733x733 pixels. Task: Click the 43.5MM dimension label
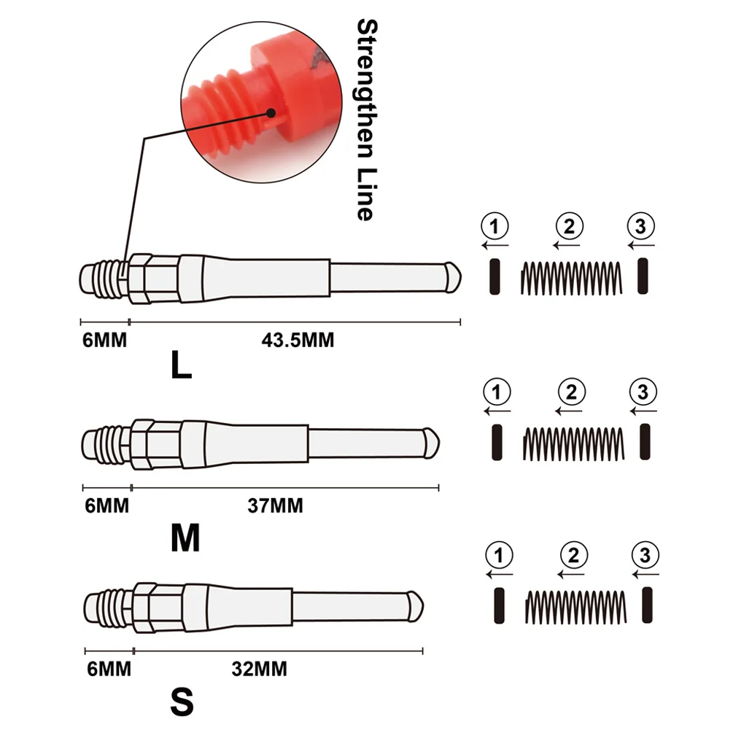(297, 339)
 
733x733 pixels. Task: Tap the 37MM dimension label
(274, 505)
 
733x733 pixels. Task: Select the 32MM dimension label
(259, 668)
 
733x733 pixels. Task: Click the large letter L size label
(181, 367)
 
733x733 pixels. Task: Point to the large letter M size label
(185, 539)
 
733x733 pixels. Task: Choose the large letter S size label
(182, 704)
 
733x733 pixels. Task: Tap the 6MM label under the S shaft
(109, 668)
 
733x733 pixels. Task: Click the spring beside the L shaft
(571, 278)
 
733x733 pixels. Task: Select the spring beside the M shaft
(573, 443)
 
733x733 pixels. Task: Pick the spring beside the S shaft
(575, 606)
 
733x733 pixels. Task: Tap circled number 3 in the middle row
(643, 393)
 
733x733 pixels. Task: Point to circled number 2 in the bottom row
(575, 556)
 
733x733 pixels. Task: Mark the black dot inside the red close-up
(271, 113)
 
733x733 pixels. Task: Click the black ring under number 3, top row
(642, 277)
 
